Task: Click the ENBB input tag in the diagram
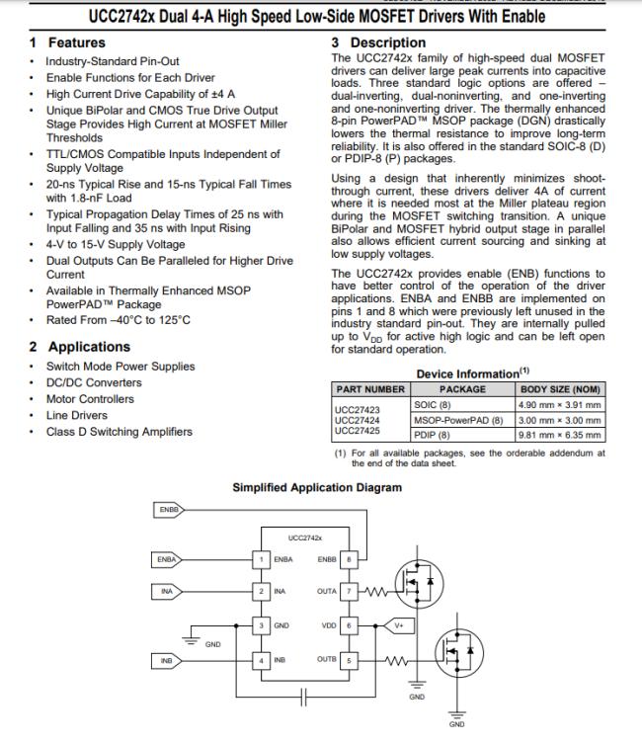[167, 510]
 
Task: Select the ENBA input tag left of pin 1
[167, 559]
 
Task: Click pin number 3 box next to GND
[261, 625]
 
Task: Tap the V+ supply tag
[398, 625]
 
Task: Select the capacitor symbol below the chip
[304, 696]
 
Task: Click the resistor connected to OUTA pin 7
[375, 591]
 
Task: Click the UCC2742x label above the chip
[305, 537]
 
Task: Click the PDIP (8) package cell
[432, 435]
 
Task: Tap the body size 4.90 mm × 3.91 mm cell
[560, 405]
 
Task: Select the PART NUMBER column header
[370, 389]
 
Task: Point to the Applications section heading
[88, 347]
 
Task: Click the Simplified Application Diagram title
[317, 487]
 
